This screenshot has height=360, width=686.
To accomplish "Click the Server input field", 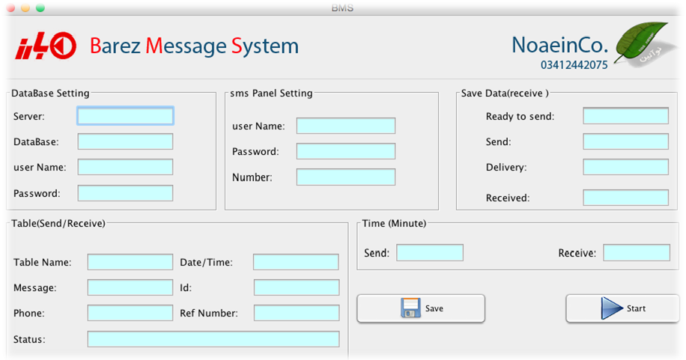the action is pyautogui.click(x=125, y=116).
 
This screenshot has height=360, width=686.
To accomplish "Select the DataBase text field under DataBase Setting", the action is pyautogui.click(x=125, y=141).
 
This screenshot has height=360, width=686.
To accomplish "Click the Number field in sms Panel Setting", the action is pyautogui.click(x=346, y=177).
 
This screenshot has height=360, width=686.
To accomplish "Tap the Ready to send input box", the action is pyautogui.click(x=625, y=116).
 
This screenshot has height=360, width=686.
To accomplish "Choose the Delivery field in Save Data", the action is pyautogui.click(x=625, y=167).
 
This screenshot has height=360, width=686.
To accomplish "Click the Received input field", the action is pyautogui.click(x=625, y=198).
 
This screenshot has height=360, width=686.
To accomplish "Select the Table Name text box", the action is pyautogui.click(x=130, y=262).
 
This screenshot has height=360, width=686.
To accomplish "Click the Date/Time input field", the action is pyautogui.click(x=296, y=262).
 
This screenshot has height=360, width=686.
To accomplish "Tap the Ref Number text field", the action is pyautogui.click(x=296, y=313).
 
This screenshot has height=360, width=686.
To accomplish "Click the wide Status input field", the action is pyautogui.click(x=213, y=339).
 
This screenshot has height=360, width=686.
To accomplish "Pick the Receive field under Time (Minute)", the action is pyautogui.click(x=637, y=253).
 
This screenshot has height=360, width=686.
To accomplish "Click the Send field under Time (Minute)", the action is pyautogui.click(x=430, y=253).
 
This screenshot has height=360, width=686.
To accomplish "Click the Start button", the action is pyautogui.click(x=622, y=308).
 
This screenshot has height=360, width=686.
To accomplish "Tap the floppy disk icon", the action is pyautogui.click(x=410, y=308).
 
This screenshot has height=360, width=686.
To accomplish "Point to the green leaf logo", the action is pyautogui.click(x=641, y=43).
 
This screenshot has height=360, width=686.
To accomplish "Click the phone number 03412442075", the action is pyautogui.click(x=574, y=65).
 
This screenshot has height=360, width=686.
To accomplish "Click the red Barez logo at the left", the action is pyautogui.click(x=46, y=46).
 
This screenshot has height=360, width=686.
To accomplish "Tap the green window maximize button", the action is pyautogui.click(x=40, y=8).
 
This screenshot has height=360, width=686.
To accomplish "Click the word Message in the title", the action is pyautogui.click(x=186, y=46).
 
